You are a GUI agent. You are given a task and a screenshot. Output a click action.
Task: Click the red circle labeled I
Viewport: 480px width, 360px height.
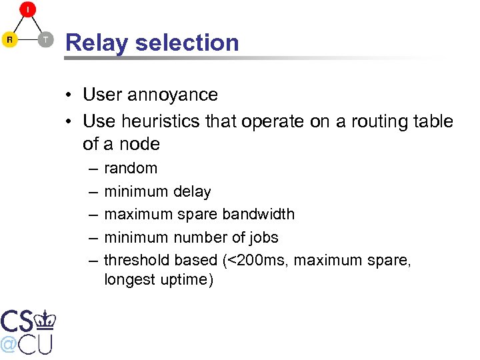coord(28,9)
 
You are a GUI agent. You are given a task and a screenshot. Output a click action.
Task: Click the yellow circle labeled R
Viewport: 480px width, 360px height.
coord(9,40)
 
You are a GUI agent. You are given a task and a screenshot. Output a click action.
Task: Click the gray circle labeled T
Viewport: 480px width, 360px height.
coord(45,40)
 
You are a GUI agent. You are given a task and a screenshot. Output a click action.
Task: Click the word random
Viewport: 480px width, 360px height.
coord(131,168)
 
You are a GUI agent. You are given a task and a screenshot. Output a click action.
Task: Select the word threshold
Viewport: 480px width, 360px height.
coord(135,260)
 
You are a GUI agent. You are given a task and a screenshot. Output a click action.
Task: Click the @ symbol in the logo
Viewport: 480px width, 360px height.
coord(9,343)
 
